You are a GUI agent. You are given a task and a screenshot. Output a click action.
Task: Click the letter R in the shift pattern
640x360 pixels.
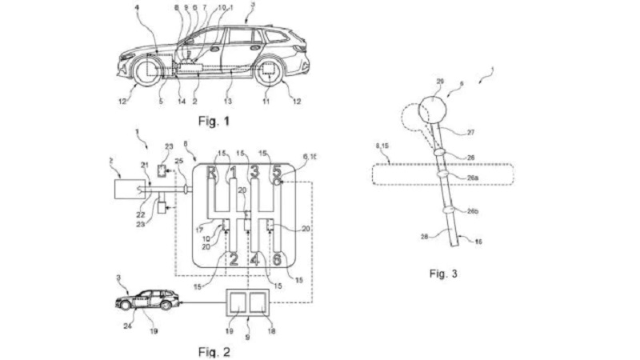[x=212, y=171]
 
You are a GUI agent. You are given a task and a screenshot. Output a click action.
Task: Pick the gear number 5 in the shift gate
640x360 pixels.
[x=276, y=171]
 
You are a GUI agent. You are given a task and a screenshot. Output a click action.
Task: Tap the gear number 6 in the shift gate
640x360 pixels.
[x=277, y=258]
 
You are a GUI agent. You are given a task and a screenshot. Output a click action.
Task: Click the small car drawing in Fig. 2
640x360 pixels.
[x=147, y=301]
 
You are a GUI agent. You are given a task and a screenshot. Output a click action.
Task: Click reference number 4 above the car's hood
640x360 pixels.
[x=137, y=9]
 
